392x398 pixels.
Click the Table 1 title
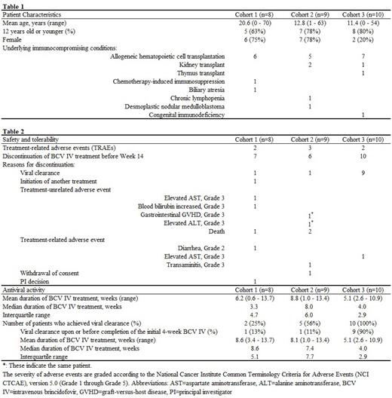pyautogui.click(x=14, y=5)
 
